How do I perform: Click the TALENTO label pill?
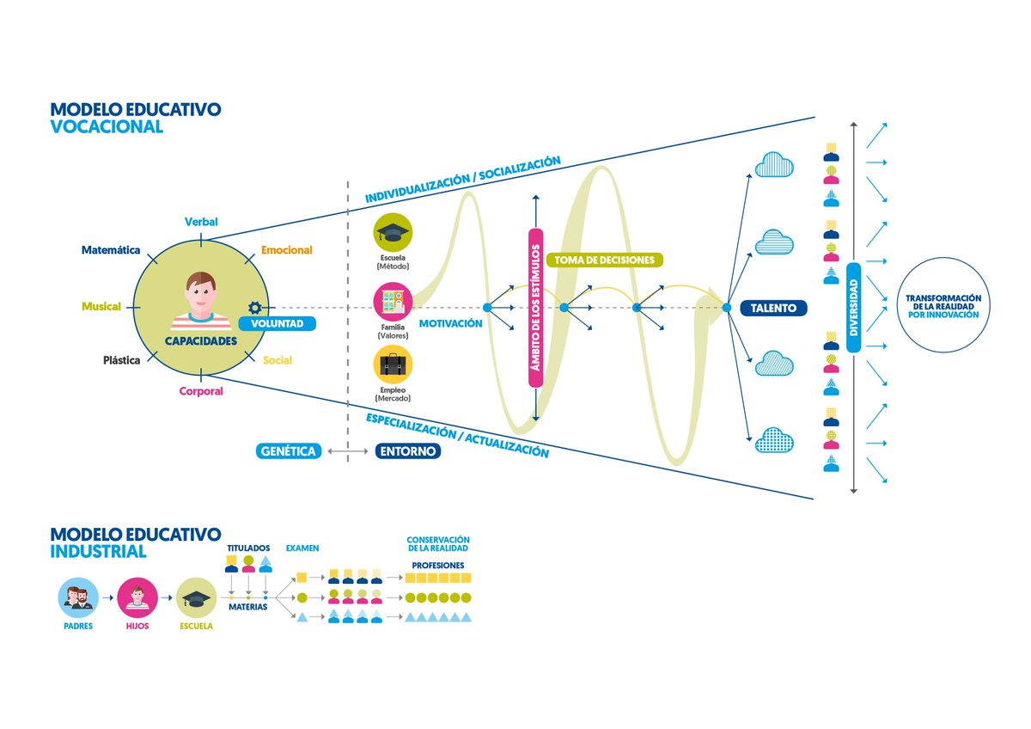[x=773, y=308]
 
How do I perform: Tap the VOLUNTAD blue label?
[x=277, y=324]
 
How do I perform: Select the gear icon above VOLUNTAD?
[x=254, y=307]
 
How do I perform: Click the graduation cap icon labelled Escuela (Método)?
[x=393, y=233]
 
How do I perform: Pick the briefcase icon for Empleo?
[x=393, y=364]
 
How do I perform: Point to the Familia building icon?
[x=393, y=302]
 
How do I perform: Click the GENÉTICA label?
[x=288, y=451]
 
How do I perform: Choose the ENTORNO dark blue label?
[x=408, y=451]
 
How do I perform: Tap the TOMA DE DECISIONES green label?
[x=604, y=260]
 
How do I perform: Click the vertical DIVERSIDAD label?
[x=853, y=308]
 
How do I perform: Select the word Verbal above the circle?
[x=201, y=222]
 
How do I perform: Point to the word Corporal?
[x=201, y=391]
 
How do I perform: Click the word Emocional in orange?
[x=287, y=250]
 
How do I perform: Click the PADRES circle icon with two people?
[x=78, y=597]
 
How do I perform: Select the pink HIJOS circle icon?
[x=137, y=597]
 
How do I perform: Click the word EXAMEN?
[x=302, y=548]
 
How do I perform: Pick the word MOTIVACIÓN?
[x=450, y=324]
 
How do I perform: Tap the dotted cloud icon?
[x=774, y=440]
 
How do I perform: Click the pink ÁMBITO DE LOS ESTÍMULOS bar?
[x=536, y=308]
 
